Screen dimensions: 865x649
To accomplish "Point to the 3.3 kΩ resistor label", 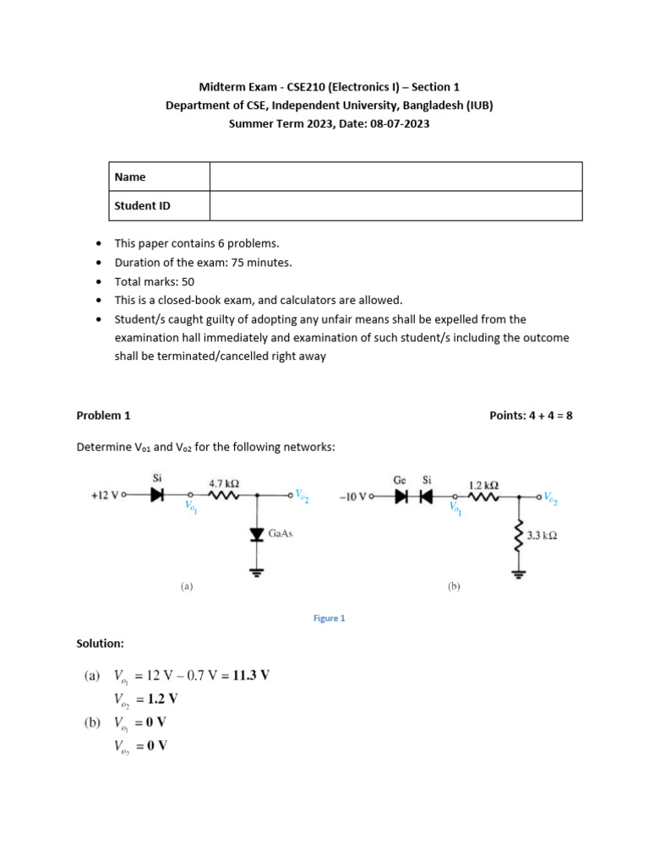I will [541, 536].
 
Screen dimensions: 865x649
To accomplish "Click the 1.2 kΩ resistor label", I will [483, 485].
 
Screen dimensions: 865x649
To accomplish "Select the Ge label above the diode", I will [400, 479].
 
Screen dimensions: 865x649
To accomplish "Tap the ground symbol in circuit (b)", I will [517, 574].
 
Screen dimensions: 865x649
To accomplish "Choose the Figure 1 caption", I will [329, 617].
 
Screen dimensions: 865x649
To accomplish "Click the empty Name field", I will [395, 177].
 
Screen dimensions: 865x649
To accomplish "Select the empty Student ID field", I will [395, 205].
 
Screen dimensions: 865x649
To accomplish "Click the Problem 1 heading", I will [103, 415].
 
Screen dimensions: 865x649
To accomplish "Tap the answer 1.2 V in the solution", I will [162, 699].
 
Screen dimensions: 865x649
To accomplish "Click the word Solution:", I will [100, 644].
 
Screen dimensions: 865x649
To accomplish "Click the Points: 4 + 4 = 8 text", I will [531, 415].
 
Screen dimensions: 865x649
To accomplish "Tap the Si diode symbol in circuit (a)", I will [156, 495].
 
